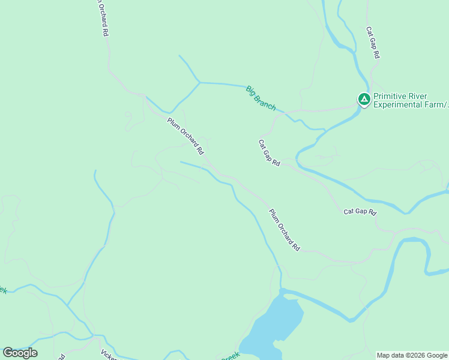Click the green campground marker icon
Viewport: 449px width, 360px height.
click(364, 99)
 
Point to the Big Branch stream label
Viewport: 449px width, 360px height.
click(261, 98)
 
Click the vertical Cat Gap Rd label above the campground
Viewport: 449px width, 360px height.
click(373, 42)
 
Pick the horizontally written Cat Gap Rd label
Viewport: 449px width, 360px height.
click(360, 212)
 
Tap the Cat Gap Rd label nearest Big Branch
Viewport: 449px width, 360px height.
click(270, 153)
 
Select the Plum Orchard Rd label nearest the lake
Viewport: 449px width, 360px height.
click(284, 230)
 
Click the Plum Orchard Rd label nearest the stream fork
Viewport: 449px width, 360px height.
click(185, 137)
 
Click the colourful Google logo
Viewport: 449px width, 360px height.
click(20, 353)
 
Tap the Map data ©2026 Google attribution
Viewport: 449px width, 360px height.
click(412, 355)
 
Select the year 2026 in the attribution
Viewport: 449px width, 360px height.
click(417, 355)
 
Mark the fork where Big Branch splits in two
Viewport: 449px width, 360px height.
click(200, 82)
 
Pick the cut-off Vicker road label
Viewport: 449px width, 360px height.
click(108, 355)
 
